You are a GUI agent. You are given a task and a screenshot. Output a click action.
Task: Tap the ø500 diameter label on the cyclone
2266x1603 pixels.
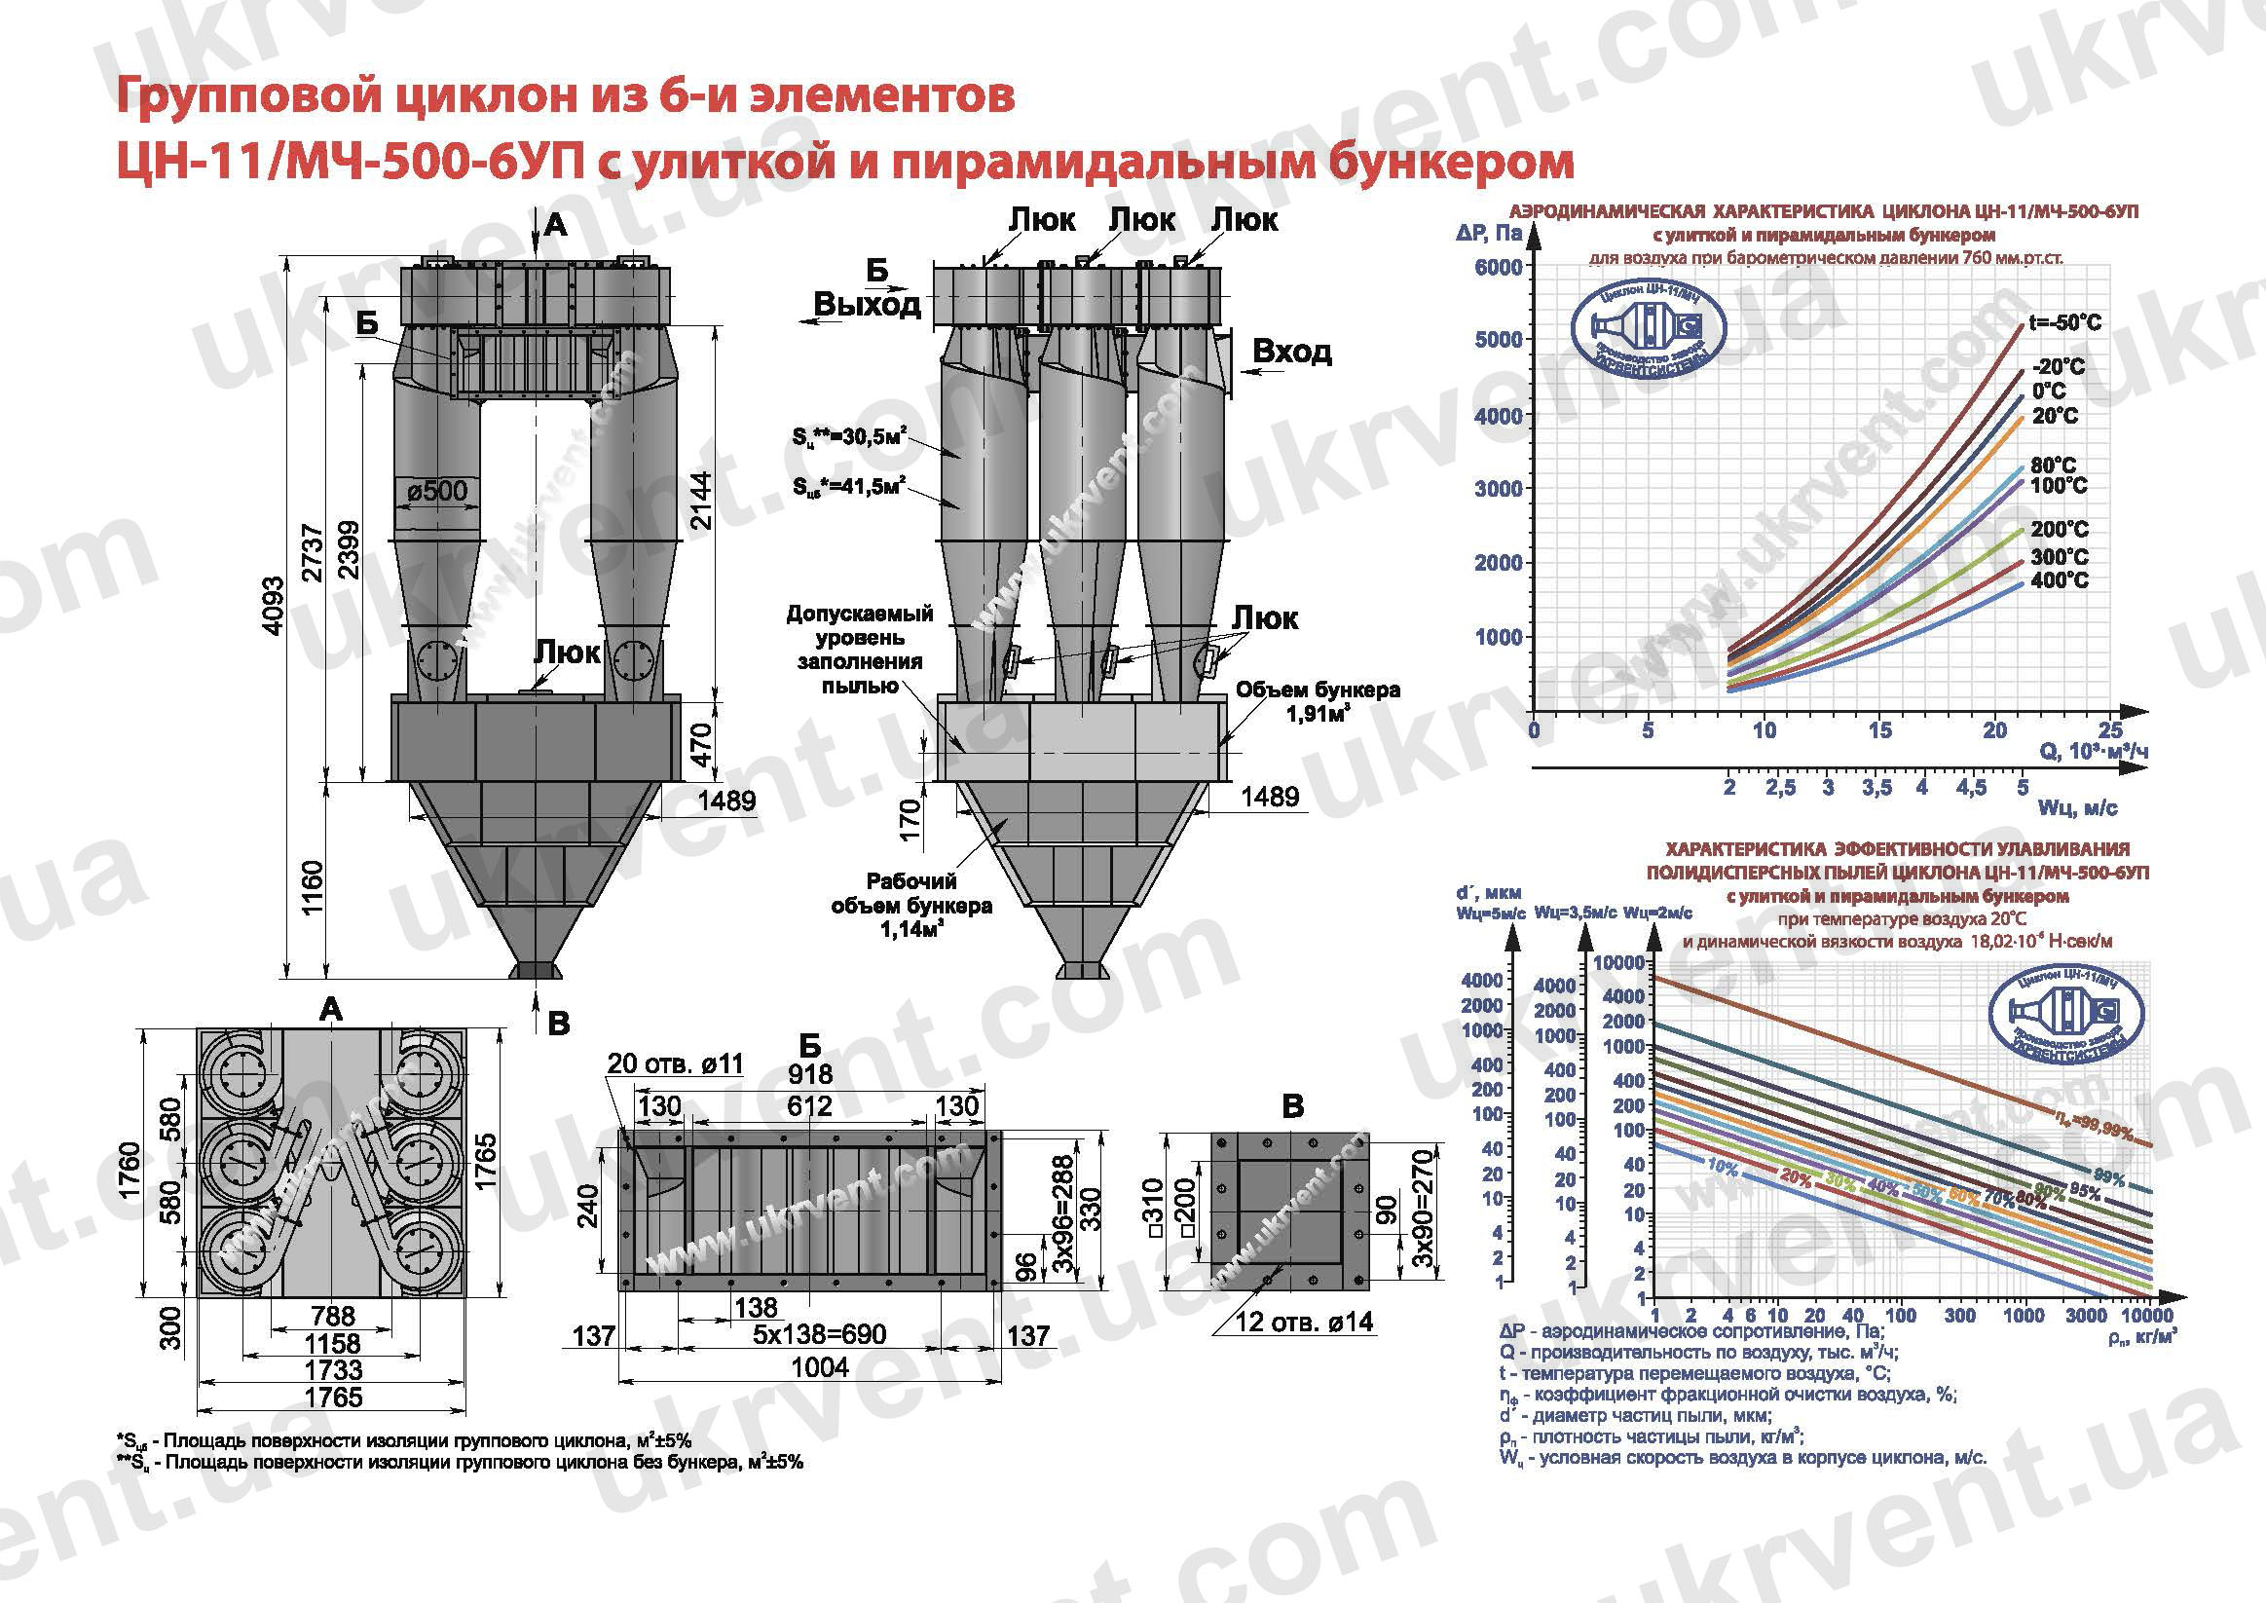[x=437, y=491]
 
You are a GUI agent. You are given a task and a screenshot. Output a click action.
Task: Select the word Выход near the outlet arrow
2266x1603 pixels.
[x=867, y=304]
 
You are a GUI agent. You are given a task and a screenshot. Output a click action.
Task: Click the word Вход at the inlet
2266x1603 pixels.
[x=1291, y=351]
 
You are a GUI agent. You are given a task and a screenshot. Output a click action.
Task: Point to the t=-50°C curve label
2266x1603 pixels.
[x=2064, y=322]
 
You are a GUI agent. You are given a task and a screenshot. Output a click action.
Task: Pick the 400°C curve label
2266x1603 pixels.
[x=2060, y=580]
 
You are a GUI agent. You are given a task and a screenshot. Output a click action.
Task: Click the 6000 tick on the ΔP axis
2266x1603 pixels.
[x=1498, y=267]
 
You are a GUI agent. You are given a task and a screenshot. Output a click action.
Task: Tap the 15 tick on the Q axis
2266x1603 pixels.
[x=1879, y=730]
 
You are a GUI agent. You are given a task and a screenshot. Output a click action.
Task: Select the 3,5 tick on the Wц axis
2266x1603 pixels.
[x=1876, y=788]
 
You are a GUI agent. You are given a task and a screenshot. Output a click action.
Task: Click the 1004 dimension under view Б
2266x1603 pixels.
[x=819, y=1367]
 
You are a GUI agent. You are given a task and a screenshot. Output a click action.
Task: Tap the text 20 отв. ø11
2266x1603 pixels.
[x=675, y=1063]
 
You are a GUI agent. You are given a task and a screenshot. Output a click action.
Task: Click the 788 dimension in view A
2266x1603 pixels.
[x=333, y=1315]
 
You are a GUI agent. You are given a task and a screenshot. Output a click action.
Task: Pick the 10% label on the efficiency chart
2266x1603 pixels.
[x=1723, y=1167]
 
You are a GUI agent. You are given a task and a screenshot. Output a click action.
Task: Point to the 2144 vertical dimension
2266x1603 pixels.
[x=700, y=501]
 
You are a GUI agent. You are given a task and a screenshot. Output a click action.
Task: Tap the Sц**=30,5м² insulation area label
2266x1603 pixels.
[x=849, y=435]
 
